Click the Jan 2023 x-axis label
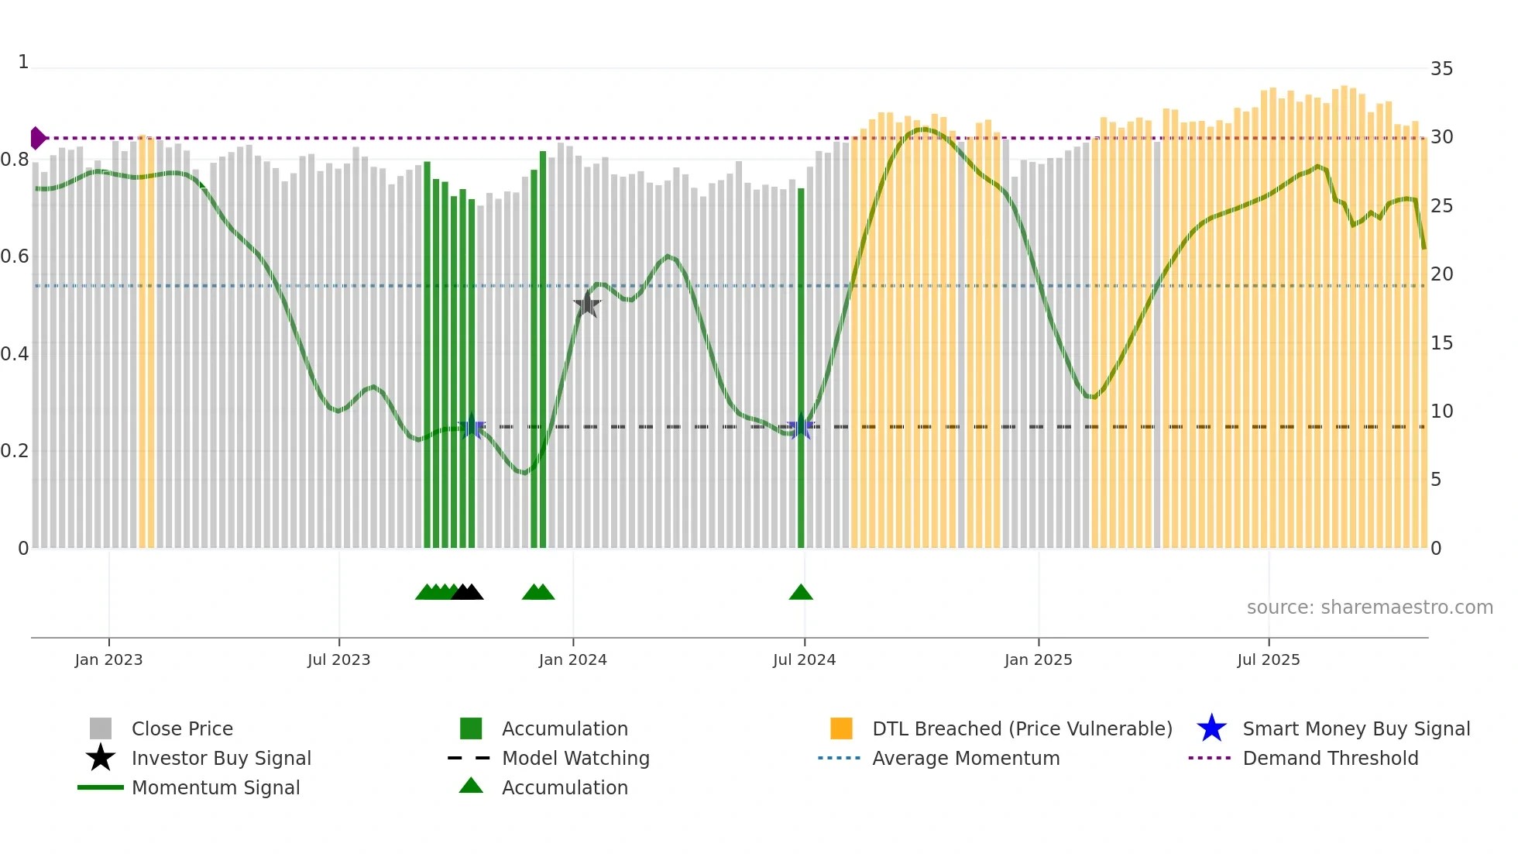[108, 659]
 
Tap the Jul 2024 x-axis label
[804, 659]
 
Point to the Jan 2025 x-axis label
[1038, 659]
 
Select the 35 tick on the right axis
[1441, 69]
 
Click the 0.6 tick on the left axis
[15, 257]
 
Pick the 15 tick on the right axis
[1441, 343]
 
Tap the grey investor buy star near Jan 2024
[587, 305]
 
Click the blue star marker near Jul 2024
[800, 427]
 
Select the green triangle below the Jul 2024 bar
[801, 593]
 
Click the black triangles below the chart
[467, 593]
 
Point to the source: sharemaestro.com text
[1369, 608]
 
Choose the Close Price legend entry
[181, 728]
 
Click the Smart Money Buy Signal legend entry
[1355, 728]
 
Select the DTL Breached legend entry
[1022, 728]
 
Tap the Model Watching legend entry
[575, 758]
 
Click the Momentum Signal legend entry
[215, 787]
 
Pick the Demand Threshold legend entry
[1330, 758]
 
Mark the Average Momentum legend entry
[965, 758]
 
